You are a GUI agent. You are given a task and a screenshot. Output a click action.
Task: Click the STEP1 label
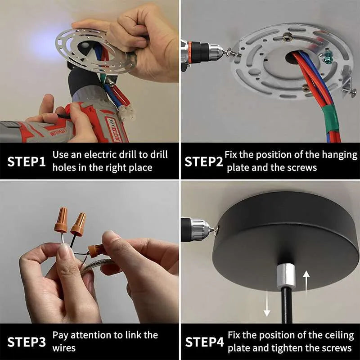point(27,162)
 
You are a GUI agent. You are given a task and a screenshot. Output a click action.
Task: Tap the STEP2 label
point(204,162)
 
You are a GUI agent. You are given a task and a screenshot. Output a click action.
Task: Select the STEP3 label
point(27,342)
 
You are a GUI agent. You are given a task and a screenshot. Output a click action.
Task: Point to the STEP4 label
point(204,342)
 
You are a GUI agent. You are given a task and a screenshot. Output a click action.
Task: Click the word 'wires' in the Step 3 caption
point(64,348)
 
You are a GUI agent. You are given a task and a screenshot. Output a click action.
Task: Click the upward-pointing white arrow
point(306,283)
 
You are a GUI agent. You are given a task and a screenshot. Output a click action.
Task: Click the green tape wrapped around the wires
point(331,120)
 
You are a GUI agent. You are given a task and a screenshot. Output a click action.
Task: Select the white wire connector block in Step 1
point(127,115)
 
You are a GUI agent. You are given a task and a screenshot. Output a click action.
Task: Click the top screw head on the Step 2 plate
point(287,36)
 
